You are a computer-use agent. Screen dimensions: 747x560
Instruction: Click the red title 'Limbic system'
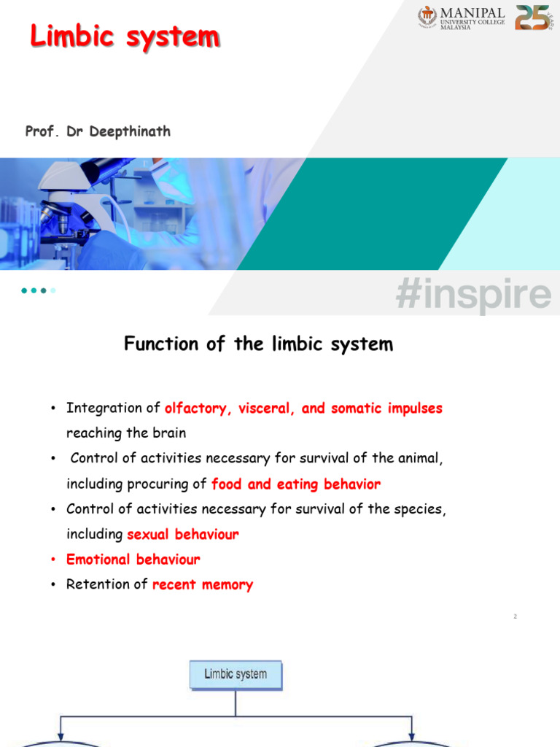point(124,36)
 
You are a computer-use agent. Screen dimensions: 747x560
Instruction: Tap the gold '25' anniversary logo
point(533,18)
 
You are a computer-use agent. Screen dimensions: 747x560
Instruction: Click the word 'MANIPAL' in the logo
point(472,12)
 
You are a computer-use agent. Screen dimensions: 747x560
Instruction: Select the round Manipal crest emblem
point(427,18)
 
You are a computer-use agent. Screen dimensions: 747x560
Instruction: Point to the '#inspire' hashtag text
point(473,295)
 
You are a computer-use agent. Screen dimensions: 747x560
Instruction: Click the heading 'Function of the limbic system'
point(258,344)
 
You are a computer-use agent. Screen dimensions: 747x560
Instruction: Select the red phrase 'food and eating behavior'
point(296,484)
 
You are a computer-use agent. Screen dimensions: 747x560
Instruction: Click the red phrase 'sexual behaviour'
point(183,535)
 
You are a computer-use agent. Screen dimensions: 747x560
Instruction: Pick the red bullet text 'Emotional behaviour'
point(133,560)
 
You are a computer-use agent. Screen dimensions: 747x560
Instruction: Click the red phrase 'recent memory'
point(203,584)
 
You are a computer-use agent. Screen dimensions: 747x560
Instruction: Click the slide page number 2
point(515,617)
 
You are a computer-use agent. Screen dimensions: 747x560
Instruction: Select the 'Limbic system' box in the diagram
point(235,674)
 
